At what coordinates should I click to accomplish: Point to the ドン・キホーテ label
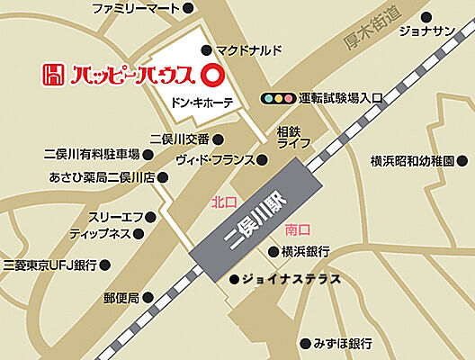coord(202,103)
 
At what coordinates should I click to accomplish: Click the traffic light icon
coord(278,98)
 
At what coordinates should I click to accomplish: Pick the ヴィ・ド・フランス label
coord(217,160)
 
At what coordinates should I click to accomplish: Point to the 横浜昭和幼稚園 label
coord(413,161)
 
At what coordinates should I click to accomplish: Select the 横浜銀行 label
coord(305,250)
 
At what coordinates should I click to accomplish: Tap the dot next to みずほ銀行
coord(301,343)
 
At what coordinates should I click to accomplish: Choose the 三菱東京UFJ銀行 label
coord(50,265)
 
